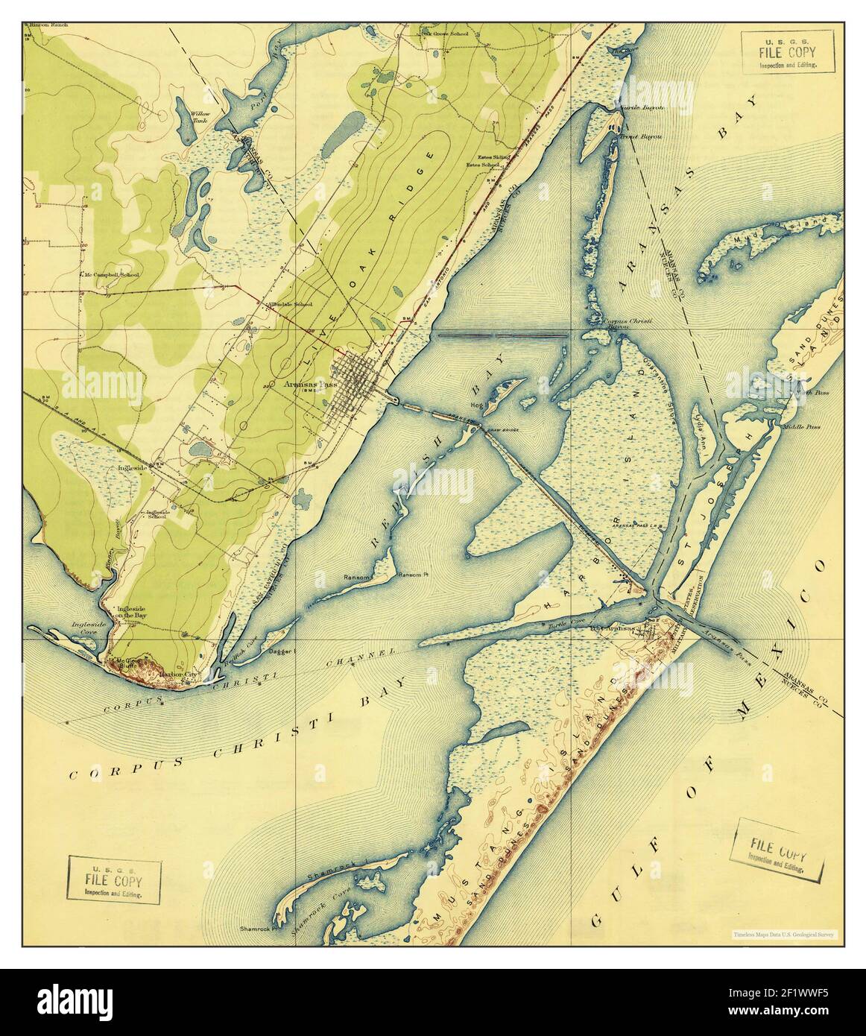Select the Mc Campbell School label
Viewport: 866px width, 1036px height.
(114, 274)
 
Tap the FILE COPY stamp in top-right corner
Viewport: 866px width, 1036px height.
(786, 54)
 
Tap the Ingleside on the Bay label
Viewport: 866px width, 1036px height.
(136, 613)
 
